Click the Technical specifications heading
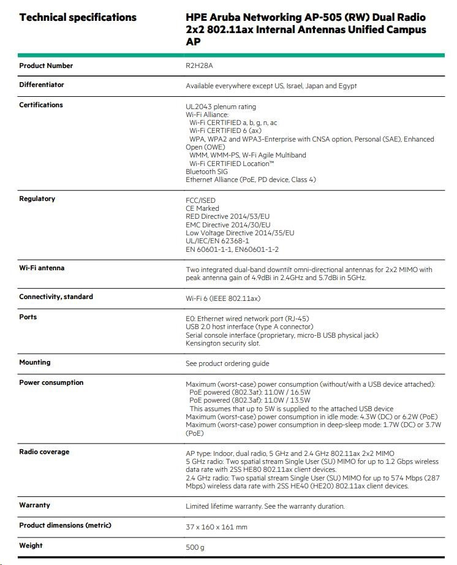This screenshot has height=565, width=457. (x=78, y=17)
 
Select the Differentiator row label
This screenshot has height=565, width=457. (x=42, y=85)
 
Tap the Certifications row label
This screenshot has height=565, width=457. (x=41, y=105)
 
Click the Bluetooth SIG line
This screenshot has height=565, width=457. (x=206, y=172)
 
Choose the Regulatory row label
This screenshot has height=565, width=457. (x=37, y=199)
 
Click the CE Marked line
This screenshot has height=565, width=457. (x=202, y=208)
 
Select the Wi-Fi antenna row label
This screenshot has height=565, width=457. (x=42, y=268)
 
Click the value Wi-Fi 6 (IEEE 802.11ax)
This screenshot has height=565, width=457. (x=223, y=298)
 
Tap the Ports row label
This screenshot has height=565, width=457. (x=28, y=317)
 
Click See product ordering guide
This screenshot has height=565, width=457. (x=227, y=363)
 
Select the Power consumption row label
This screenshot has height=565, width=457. (x=51, y=382)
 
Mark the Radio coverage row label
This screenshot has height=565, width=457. (x=44, y=452)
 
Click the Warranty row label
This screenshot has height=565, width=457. (x=34, y=505)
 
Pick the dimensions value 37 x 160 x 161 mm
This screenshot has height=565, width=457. (x=216, y=527)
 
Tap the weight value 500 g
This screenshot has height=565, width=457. (x=195, y=547)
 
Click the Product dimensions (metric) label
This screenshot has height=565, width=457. (x=65, y=525)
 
